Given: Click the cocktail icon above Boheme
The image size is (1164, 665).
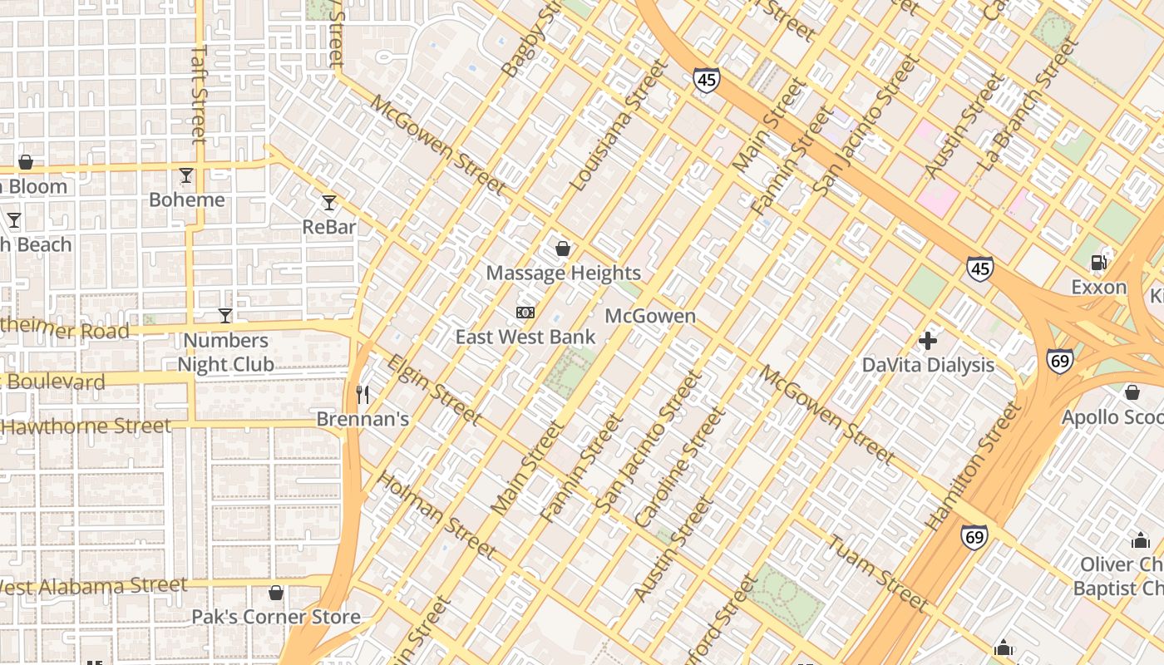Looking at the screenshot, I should pyautogui.click(x=186, y=175).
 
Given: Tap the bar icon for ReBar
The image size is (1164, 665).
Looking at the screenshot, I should pyautogui.click(x=329, y=203).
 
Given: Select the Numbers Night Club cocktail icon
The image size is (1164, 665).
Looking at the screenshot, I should pyautogui.click(x=224, y=316).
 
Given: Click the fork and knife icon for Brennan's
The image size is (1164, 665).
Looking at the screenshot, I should pyautogui.click(x=363, y=394).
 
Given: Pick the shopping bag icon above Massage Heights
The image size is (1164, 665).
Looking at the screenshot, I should pyautogui.click(x=563, y=249).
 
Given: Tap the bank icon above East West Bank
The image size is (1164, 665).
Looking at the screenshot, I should pyautogui.click(x=525, y=313).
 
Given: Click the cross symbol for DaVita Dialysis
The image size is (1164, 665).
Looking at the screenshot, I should pyautogui.click(x=928, y=341).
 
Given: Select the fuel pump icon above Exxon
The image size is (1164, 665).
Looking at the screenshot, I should pyautogui.click(x=1098, y=263).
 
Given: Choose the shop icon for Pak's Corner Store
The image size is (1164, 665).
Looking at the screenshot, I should pyautogui.click(x=276, y=593).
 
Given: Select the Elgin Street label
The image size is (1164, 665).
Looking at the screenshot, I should pyautogui.click(x=434, y=390).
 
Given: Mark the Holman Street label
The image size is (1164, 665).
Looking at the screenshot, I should pyautogui.click(x=436, y=515).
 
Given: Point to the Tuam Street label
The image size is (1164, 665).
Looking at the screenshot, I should pyautogui.click(x=877, y=574).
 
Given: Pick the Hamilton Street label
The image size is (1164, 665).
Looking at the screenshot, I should pyautogui.click(x=973, y=465).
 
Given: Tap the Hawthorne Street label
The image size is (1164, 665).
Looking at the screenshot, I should pyautogui.click(x=86, y=427).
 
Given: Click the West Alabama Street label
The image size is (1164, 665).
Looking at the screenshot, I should pyautogui.click(x=93, y=586).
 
